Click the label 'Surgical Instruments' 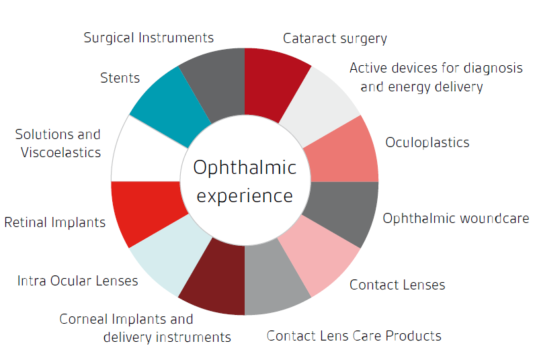tap(149, 38)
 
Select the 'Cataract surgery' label tap(335, 38)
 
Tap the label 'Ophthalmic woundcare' tap(456, 218)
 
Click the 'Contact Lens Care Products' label tap(354, 336)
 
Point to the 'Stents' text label tap(120, 78)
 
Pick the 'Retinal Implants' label tap(55, 222)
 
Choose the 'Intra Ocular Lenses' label tap(78, 281)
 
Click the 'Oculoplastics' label tap(427, 142)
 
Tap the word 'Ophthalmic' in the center tap(245, 168)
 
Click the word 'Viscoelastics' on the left tap(61, 152)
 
